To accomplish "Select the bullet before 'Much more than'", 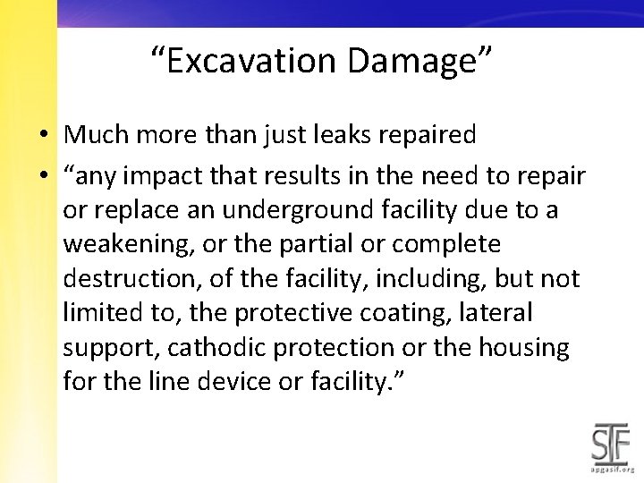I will tap(43, 136).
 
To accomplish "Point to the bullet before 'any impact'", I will tap(43, 177).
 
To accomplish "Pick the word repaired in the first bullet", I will tap(432, 135).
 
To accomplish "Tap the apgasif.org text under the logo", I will tap(612, 469).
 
